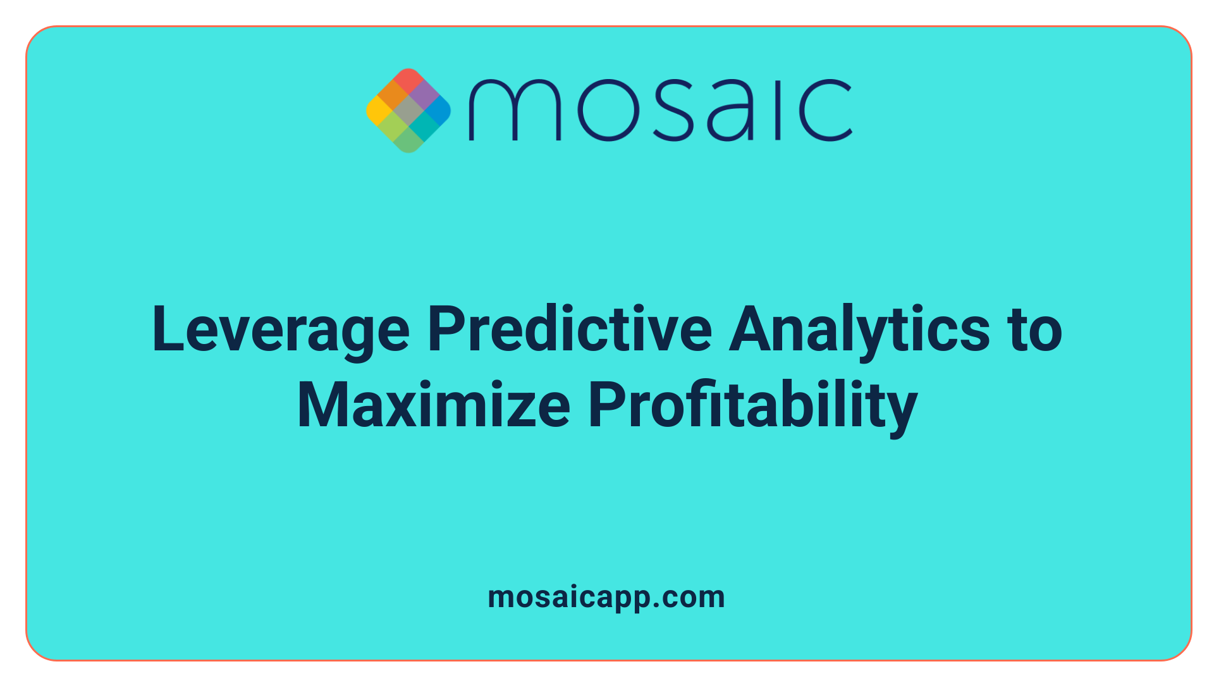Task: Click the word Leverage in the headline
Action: point(281,330)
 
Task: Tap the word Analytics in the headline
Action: point(859,330)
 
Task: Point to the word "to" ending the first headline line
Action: point(1036,330)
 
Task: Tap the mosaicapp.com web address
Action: point(606,597)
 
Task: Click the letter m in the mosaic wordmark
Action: point(514,110)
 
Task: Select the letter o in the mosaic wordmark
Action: point(607,110)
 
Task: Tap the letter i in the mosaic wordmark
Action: point(779,110)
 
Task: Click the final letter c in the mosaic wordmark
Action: point(825,110)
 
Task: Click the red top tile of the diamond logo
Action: point(408,81)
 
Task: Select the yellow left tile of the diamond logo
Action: point(379,110)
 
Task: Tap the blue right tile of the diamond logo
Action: point(438,110)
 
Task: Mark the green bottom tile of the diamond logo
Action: point(408,140)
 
